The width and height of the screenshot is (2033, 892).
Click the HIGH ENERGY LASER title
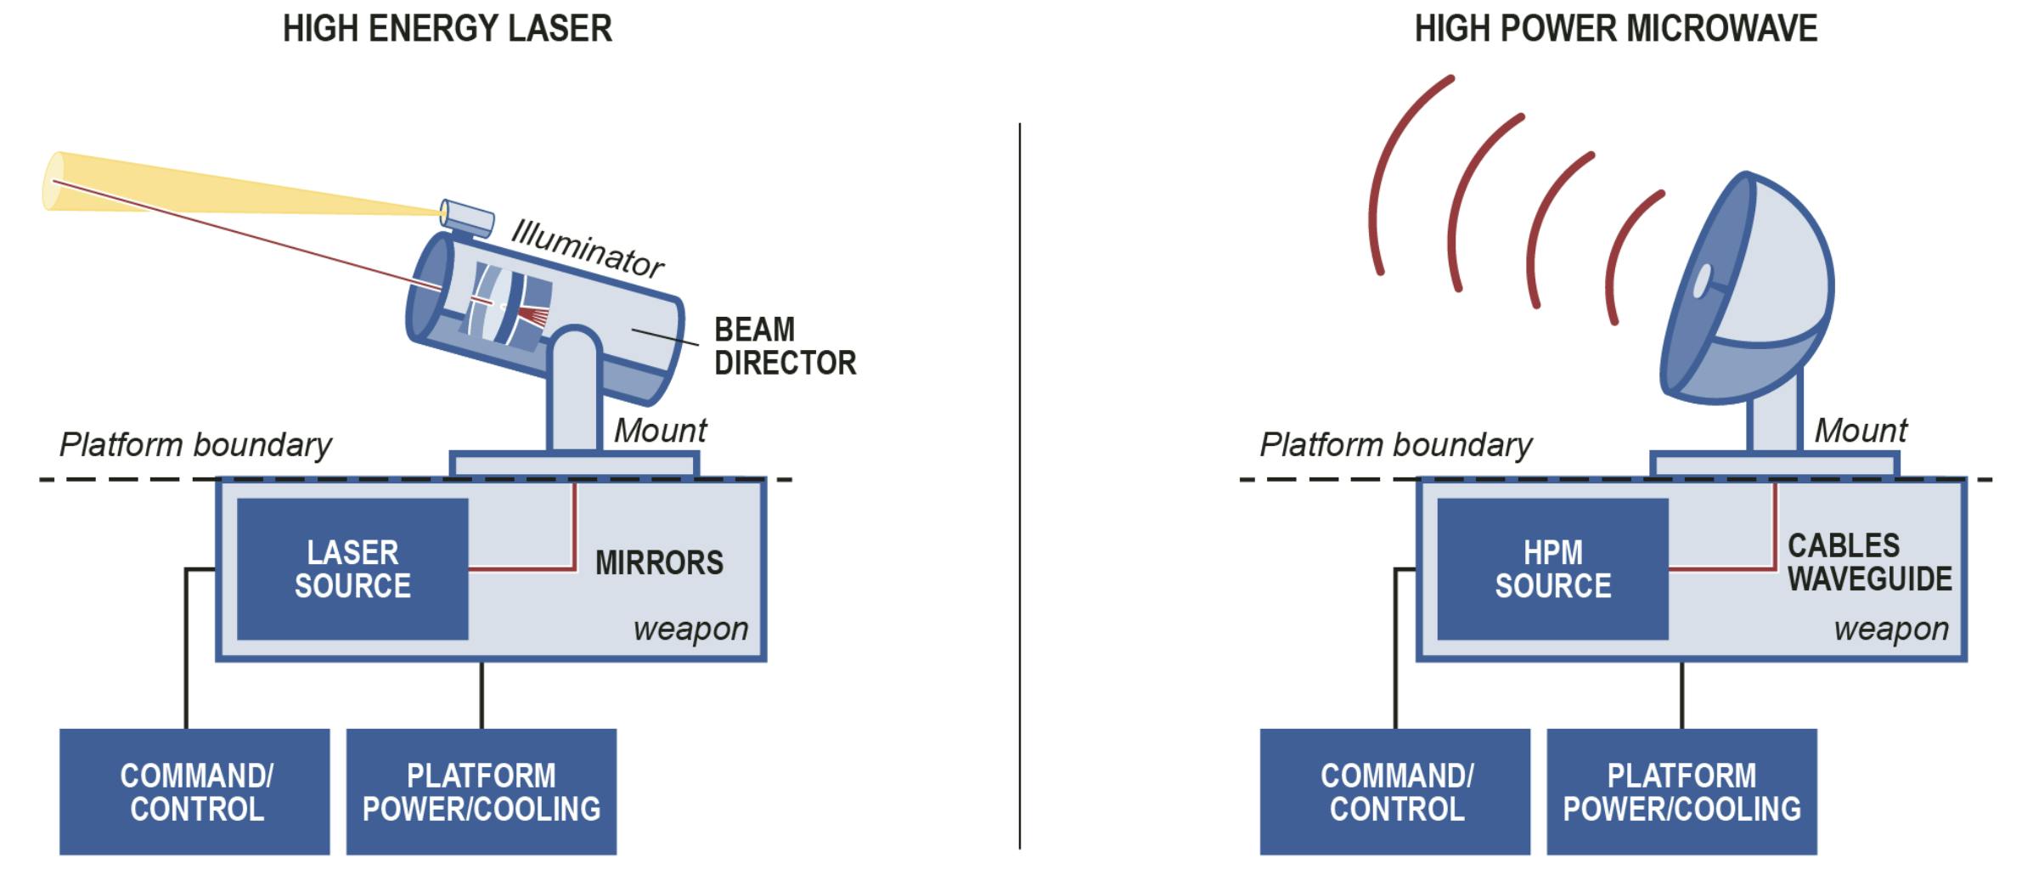(x=447, y=29)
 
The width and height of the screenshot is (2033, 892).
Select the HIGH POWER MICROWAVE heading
(x=1615, y=29)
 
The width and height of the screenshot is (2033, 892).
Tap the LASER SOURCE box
(x=352, y=568)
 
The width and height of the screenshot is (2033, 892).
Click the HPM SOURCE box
(x=1552, y=568)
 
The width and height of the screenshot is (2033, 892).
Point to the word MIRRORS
(x=659, y=562)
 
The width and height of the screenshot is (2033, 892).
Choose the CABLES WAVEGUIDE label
(x=1869, y=562)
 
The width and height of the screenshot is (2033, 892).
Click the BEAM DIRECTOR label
(x=784, y=346)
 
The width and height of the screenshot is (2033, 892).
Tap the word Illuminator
(x=587, y=248)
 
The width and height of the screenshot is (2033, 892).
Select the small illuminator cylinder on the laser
(x=467, y=217)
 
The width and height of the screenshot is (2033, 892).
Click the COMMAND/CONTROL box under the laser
(x=194, y=791)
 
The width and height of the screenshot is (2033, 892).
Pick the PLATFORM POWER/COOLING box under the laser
(x=481, y=791)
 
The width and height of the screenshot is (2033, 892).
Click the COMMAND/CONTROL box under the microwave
(x=1395, y=791)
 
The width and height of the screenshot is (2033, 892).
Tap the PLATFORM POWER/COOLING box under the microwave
(x=1681, y=791)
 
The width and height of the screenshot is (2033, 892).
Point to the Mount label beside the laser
(x=660, y=431)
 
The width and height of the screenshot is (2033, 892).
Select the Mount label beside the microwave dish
(x=1861, y=431)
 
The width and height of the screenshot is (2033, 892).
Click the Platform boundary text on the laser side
(x=195, y=444)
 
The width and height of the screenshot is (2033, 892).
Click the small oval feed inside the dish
(x=1702, y=281)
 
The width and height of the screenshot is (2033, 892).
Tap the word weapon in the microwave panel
(x=1891, y=629)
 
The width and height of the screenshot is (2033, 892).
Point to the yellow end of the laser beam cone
(x=54, y=181)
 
